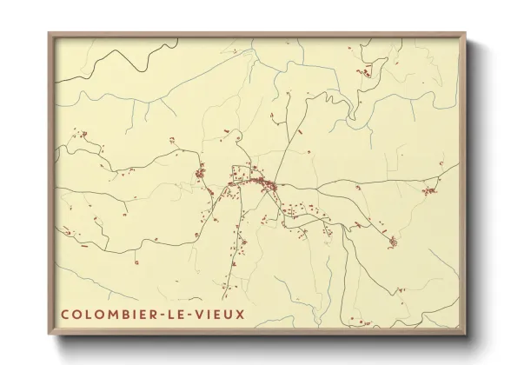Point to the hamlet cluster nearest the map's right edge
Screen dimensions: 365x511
click(x=429, y=190)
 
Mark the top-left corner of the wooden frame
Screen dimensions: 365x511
click(x=50, y=36)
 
